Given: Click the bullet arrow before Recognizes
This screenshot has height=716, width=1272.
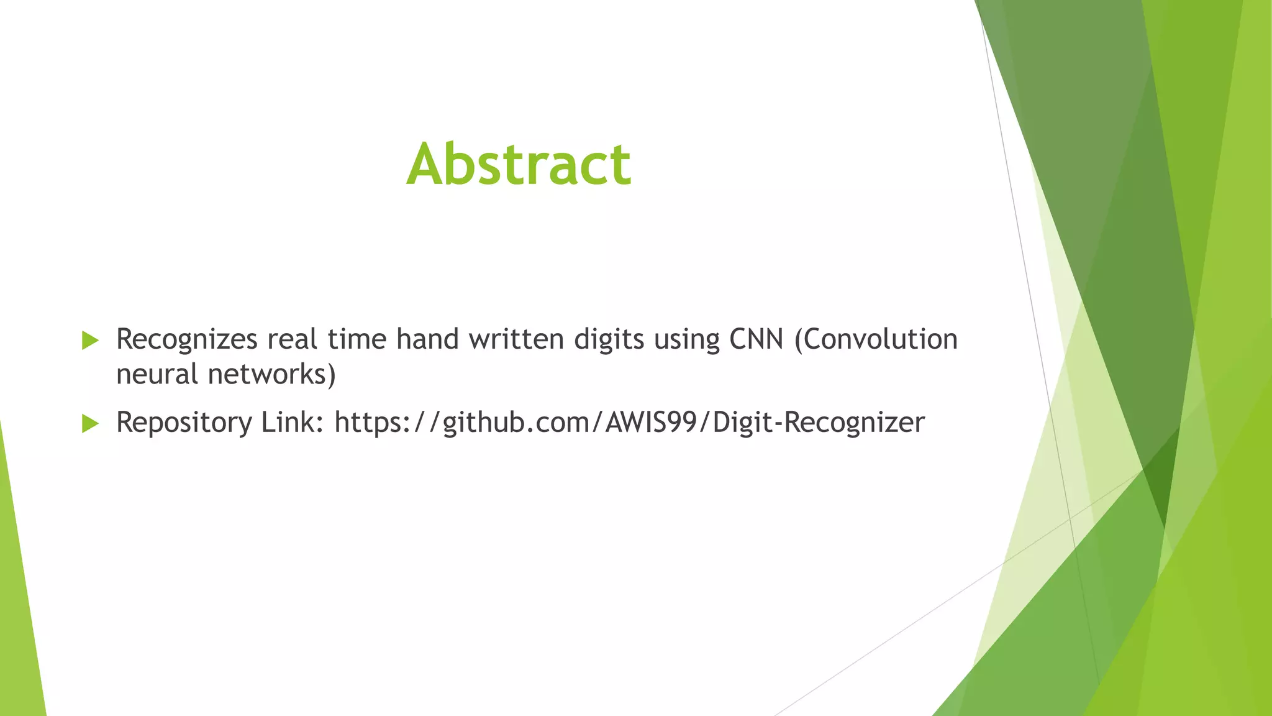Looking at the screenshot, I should pos(90,341).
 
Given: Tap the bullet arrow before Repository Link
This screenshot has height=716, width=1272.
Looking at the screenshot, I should pos(90,424).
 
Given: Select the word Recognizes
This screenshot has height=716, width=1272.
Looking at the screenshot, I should pos(186,340).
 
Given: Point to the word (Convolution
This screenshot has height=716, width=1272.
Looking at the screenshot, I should pos(876,339).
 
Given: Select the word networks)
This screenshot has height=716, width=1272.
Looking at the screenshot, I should pos(271,374).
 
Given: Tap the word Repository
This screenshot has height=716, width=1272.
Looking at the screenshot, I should pos(183,423).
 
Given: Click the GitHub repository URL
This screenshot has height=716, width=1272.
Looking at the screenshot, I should pos(629,423).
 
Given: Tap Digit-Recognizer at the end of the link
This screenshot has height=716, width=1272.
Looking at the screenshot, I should pos(819,423).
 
